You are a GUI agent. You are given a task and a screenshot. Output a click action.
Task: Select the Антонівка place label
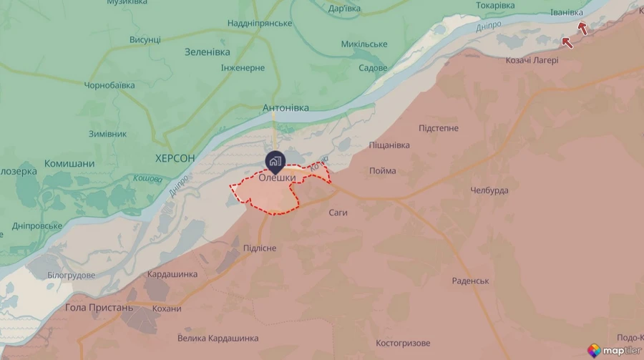click(x=286, y=108)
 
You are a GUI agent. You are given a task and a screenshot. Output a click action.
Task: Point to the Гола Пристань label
click(x=99, y=308)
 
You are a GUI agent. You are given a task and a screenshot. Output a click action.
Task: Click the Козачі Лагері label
click(x=532, y=59)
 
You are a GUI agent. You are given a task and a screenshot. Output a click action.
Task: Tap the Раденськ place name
click(x=470, y=281)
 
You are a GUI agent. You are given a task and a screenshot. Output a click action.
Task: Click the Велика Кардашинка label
click(x=218, y=338)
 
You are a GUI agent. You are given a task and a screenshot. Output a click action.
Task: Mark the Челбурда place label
click(x=489, y=190)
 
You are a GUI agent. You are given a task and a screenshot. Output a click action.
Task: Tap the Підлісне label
click(x=258, y=248)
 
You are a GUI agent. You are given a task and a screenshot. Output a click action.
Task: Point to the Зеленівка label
click(x=208, y=52)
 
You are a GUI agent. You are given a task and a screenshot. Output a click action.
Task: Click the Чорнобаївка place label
click(x=109, y=85)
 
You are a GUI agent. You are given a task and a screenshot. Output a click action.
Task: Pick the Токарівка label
click(x=495, y=6)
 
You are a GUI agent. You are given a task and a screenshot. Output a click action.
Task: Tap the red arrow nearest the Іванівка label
click(x=583, y=29)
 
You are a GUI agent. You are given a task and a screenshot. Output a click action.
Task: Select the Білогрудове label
click(x=71, y=275)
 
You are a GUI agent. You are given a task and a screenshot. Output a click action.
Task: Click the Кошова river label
click(x=147, y=178)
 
